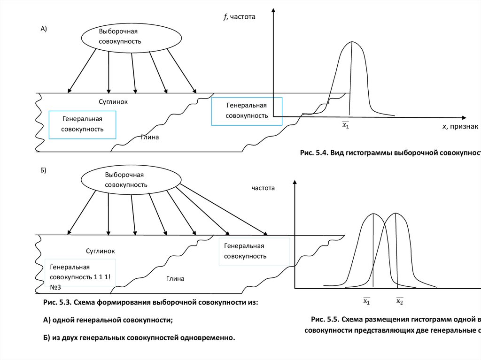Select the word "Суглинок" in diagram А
pos(113,101)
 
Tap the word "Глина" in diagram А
pos(149,138)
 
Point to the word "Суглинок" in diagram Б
pos(101,251)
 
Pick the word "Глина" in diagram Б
pos(175,279)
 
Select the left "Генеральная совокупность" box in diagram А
pos(83,124)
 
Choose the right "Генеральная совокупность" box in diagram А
pos(247,111)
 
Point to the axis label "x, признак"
pos(460,127)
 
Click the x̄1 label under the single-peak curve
pos(345,125)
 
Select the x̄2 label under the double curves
pos(399,301)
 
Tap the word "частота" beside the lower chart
pos(263,188)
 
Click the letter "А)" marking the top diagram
pos(44,29)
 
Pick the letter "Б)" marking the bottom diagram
pos(43,170)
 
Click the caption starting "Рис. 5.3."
pos(150,303)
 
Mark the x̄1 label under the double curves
pos(367,301)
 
